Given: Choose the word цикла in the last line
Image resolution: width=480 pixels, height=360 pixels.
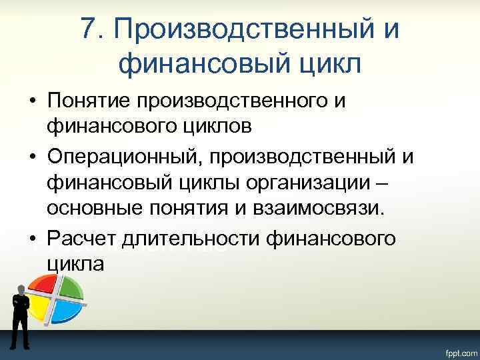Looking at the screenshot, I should [x=75, y=263].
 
